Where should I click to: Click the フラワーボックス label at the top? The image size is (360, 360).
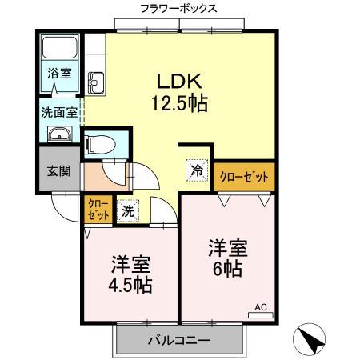tap(178, 9)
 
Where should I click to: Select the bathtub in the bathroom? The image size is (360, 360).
tap(58, 50)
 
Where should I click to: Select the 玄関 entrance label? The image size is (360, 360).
tap(58, 170)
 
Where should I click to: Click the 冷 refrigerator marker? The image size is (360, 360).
tap(196, 170)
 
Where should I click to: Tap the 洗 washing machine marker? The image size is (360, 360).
tap(128, 211)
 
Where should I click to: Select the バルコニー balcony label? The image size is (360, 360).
tap(178, 340)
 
